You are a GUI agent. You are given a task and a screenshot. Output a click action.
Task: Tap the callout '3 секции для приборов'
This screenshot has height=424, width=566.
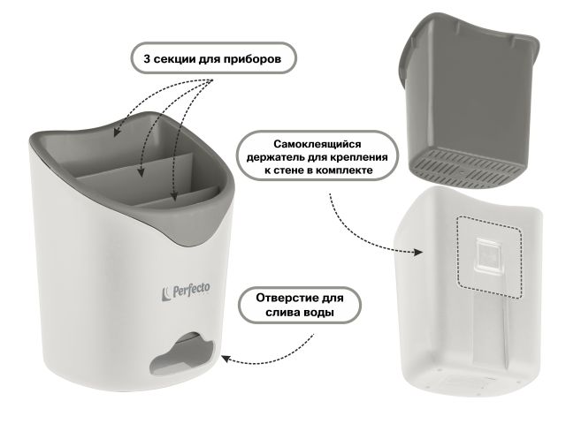click(x=213, y=59)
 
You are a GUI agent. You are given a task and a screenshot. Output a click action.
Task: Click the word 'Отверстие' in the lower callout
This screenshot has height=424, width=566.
click(x=278, y=296)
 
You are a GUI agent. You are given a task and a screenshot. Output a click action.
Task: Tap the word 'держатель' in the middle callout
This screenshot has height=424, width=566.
click(x=286, y=155)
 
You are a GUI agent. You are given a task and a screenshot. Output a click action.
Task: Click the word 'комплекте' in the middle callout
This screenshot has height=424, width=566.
click(x=348, y=170)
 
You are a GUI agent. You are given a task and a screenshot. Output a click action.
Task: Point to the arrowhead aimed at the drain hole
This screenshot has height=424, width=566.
click(x=224, y=360)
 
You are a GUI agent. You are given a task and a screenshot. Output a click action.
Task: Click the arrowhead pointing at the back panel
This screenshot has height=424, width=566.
click(x=418, y=252)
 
